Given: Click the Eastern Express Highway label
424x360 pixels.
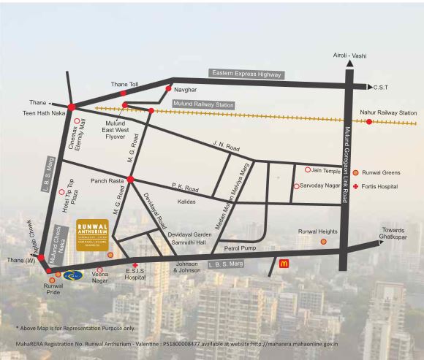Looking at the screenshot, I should click(246, 74).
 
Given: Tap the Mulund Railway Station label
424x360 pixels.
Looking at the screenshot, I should click(204, 105).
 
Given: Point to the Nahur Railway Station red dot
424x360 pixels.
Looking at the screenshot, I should click(368, 122).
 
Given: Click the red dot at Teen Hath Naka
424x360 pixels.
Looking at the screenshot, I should click(71, 107).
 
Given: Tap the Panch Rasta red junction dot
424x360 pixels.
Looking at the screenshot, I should click(129, 179).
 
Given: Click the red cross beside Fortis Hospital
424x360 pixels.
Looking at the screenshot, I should click(355, 187).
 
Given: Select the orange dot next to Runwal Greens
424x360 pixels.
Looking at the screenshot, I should click(355, 173).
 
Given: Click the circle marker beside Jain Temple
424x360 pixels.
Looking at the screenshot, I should click(306, 169).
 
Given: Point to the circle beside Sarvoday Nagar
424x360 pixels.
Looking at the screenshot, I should click(296, 186).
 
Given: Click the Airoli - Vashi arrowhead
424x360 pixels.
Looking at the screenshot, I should click(350, 64).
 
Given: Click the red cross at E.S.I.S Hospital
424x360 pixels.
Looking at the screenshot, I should click(135, 266).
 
